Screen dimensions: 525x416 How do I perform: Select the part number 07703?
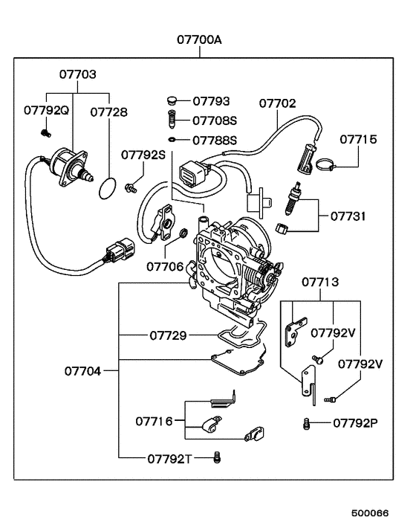click(78, 76)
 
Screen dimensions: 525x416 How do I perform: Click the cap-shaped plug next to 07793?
click(172, 100)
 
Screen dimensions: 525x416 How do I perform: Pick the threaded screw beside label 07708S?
click(172, 119)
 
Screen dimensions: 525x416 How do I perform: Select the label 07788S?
click(215, 139)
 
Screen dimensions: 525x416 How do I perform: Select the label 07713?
click(321, 282)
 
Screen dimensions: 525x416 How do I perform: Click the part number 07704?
click(83, 369)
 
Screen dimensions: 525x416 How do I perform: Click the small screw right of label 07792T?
click(218, 456)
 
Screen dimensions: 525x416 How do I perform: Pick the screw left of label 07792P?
click(305, 424)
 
